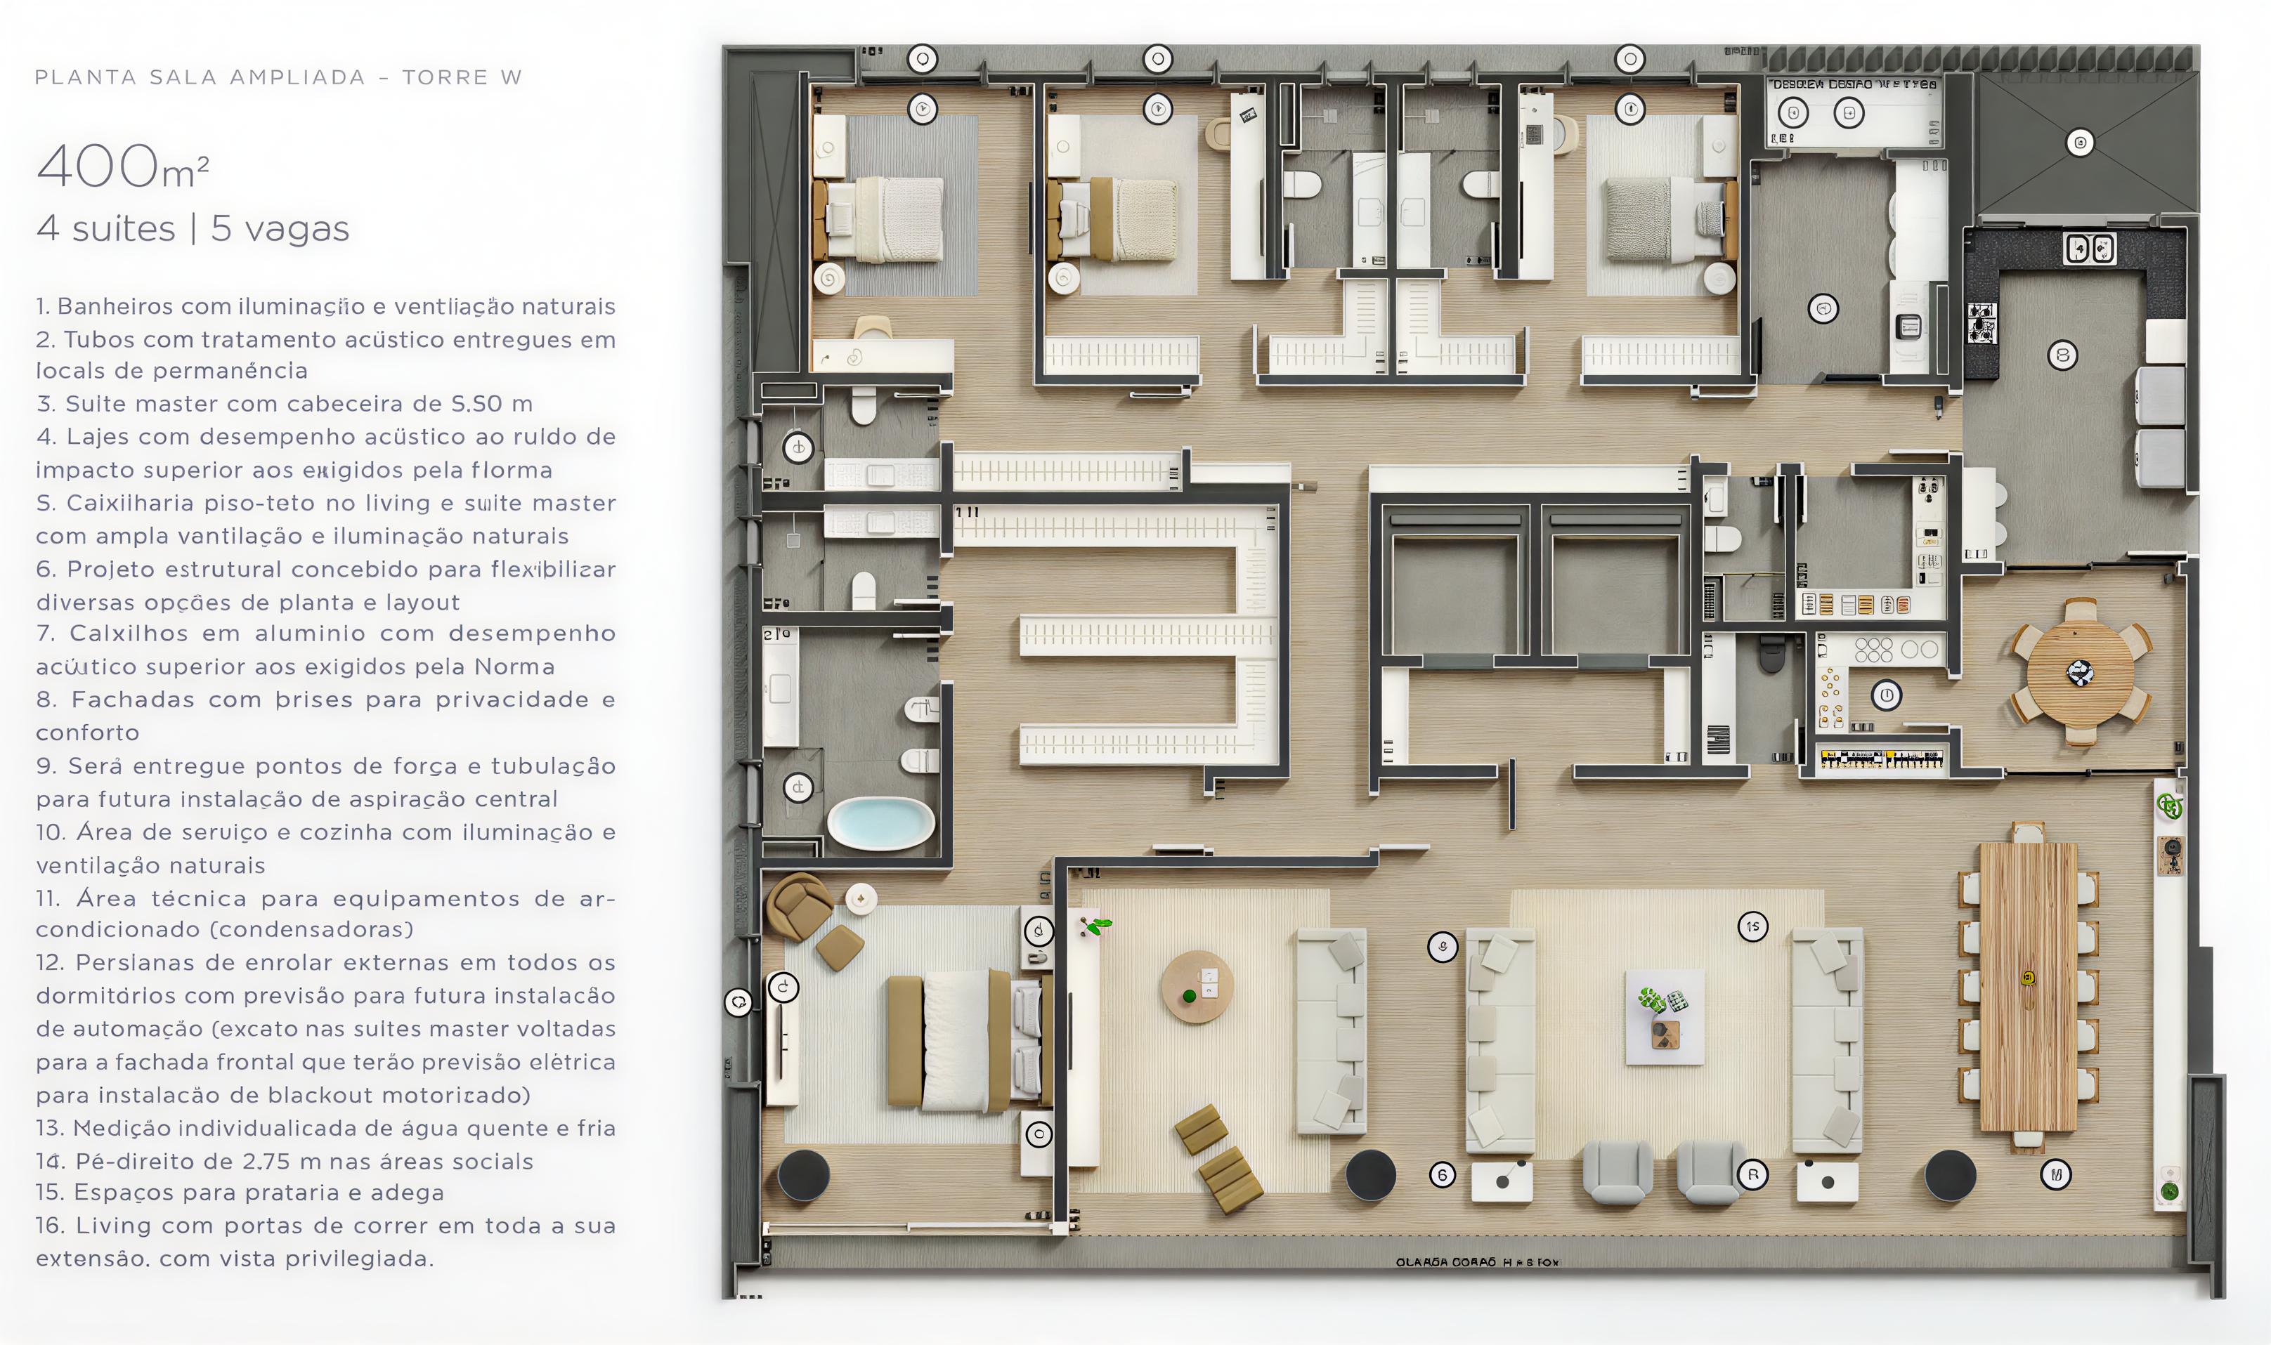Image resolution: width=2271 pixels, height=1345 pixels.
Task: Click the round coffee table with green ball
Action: tap(1197, 987)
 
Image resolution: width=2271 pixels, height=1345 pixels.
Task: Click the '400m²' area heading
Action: tap(122, 168)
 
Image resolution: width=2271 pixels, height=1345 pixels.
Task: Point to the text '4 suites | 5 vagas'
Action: tap(193, 228)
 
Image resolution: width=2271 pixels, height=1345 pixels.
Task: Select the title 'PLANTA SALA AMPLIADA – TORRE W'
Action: tap(278, 77)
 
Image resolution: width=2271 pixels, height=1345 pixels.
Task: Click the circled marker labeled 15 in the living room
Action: tap(1752, 926)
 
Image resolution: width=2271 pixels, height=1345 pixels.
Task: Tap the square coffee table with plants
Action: tap(1665, 1017)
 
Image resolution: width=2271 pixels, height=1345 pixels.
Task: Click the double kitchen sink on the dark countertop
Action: tap(2089, 249)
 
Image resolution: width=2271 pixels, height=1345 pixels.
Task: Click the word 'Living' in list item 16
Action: tap(113, 1226)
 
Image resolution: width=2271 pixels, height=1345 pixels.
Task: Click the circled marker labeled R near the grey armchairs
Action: tap(1752, 1174)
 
